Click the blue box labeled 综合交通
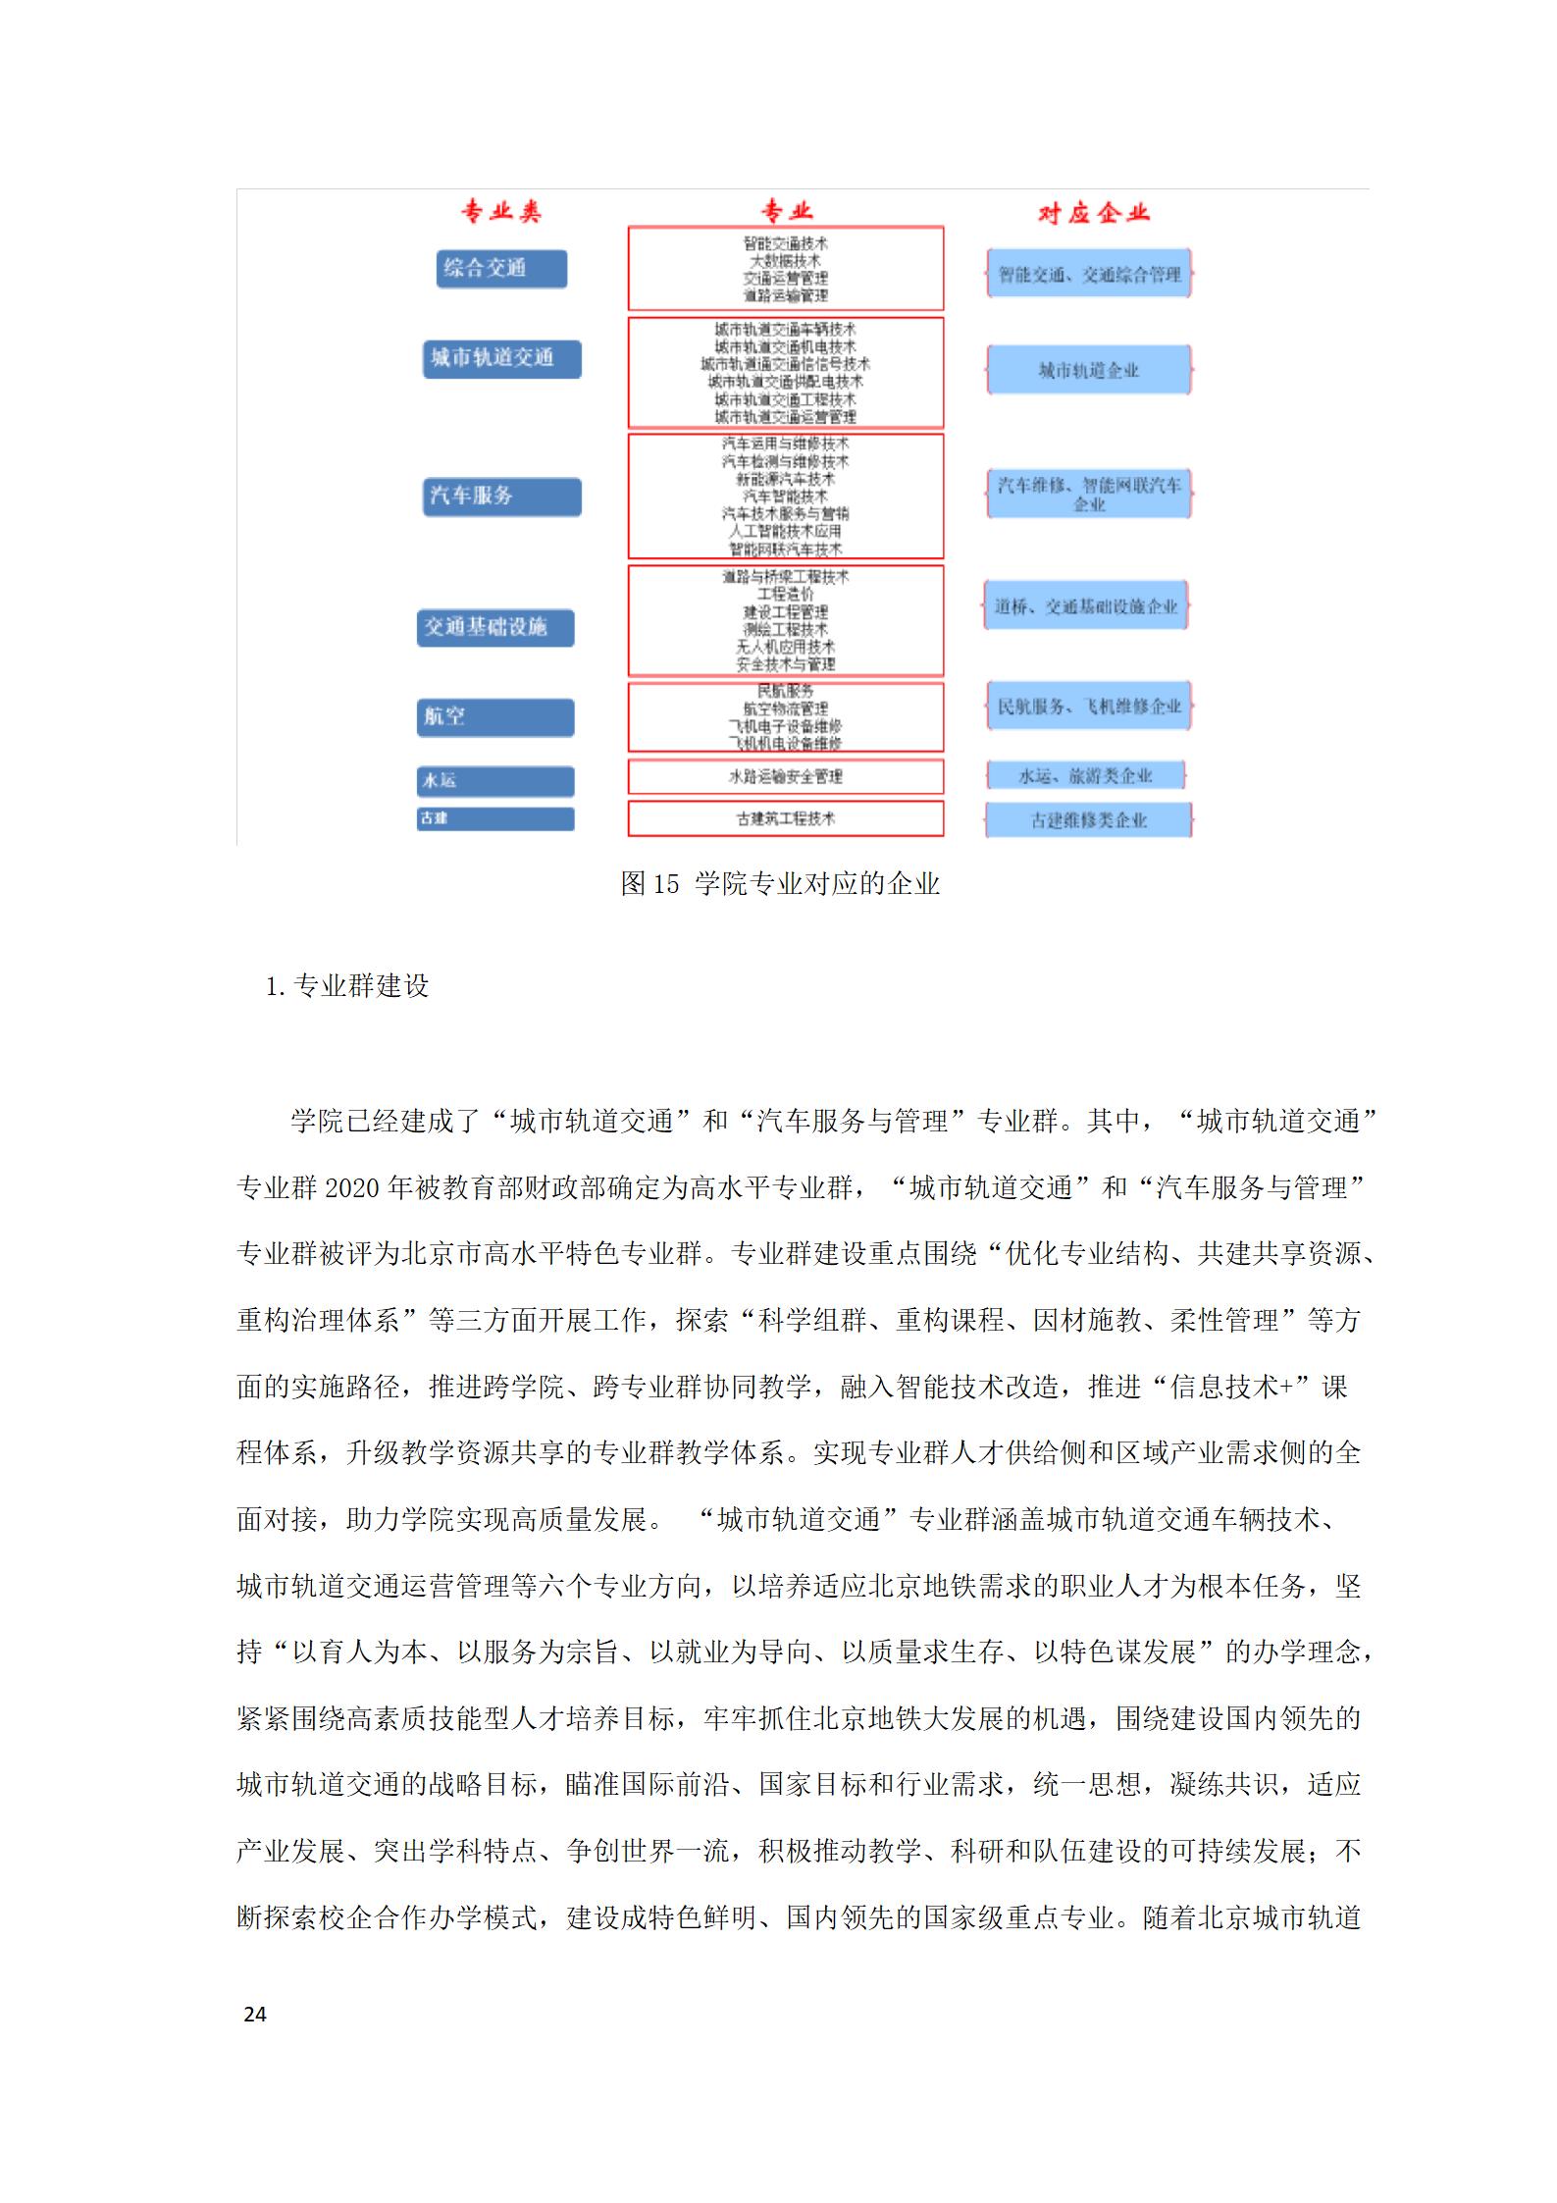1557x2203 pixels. [501, 269]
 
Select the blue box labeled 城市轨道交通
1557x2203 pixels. [501, 358]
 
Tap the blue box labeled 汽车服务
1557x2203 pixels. [501, 497]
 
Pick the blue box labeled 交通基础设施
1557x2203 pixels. [495, 627]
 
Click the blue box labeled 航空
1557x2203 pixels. [495, 717]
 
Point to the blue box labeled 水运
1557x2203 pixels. [495, 781]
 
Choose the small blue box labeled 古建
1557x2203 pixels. [495, 818]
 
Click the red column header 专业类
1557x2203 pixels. [501, 212]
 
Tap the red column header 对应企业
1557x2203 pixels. [1093, 213]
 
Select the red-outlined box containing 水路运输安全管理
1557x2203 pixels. [785, 776]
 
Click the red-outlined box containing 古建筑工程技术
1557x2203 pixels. [785, 818]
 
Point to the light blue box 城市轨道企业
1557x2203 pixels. [1089, 370]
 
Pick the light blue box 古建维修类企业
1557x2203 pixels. [1089, 820]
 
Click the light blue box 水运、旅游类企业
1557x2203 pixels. [1085, 776]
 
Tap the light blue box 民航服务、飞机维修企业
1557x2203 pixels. [1089, 707]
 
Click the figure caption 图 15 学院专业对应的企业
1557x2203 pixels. [780, 884]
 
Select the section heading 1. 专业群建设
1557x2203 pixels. [347, 986]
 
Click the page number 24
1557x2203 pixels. [255, 2015]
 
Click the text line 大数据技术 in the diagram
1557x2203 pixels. [785, 261]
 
